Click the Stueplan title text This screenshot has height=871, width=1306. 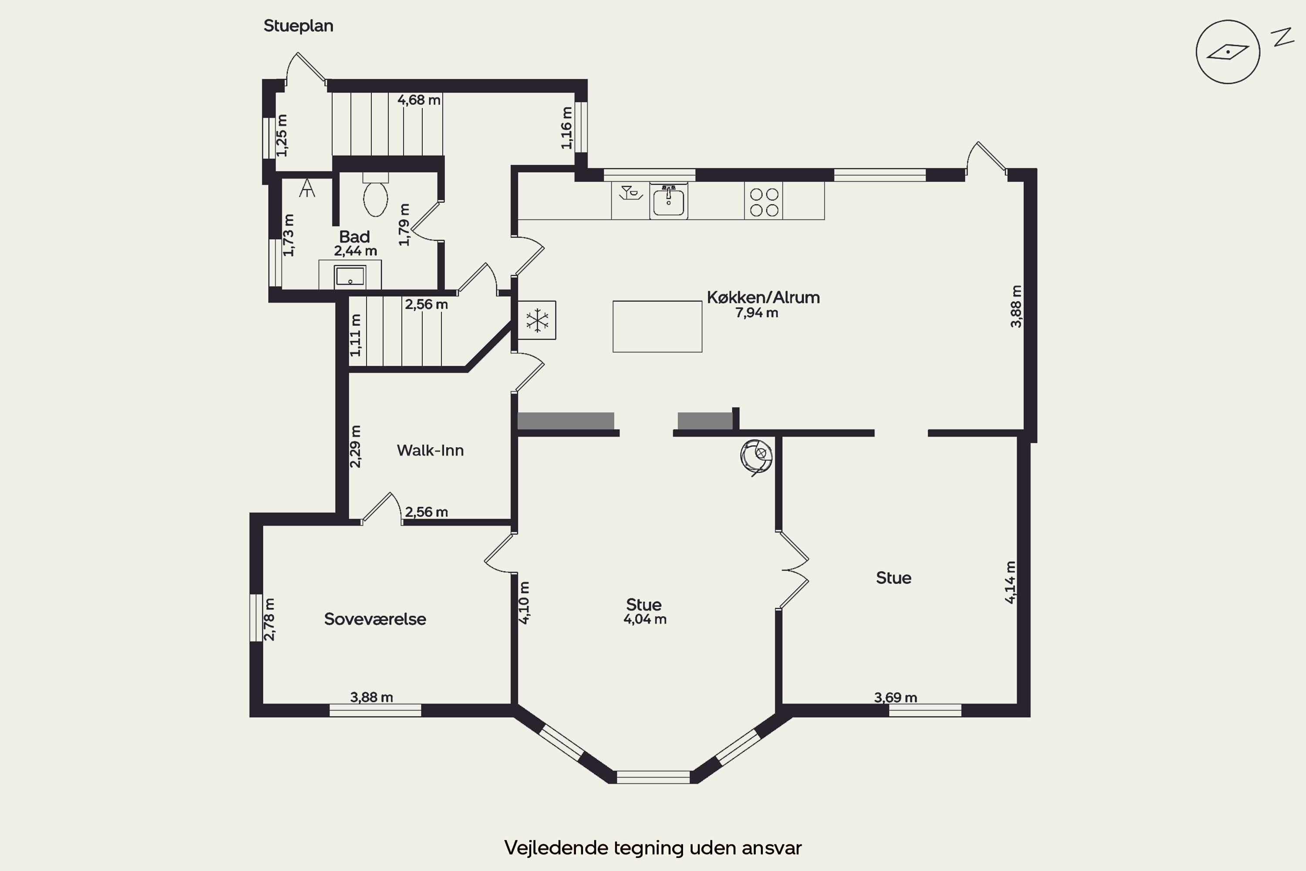tap(298, 26)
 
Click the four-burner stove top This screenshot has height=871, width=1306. tap(764, 202)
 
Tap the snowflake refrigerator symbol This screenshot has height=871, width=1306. tap(537, 321)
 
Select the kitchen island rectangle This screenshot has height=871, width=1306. tap(657, 327)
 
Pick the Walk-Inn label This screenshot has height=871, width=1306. tap(431, 450)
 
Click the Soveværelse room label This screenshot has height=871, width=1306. tap(375, 619)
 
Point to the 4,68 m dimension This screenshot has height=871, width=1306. tap(419, 100)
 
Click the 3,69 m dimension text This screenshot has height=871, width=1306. tap(895, 698)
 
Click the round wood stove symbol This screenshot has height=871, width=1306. tap(756, 456)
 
